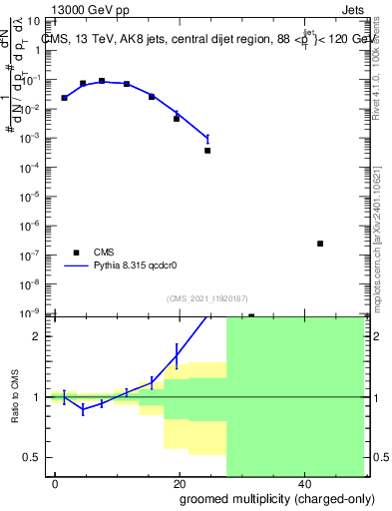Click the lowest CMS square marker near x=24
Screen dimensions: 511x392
[207, 151]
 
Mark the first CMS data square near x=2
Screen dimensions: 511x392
[64, 98]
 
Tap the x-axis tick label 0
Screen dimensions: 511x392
[56, 483]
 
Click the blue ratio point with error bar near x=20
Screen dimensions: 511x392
[178, 354]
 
